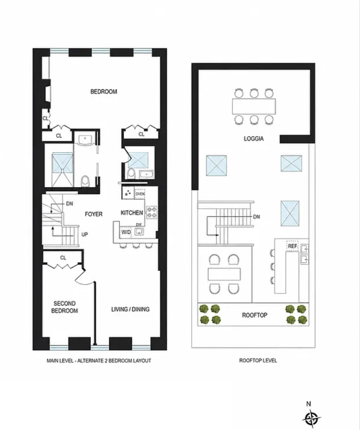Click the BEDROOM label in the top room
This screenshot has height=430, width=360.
coord(104,92)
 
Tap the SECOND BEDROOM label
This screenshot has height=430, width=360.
coord(65,307)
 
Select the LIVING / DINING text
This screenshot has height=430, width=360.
coord(130,309)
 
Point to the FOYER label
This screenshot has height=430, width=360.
coord(94,214)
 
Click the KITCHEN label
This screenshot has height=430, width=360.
coord(132,213)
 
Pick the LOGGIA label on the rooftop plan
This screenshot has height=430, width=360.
coord(254,139)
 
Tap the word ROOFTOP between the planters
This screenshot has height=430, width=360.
coord(254,315)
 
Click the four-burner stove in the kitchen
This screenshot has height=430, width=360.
coord(152,212)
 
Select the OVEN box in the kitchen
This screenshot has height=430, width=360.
coord(140,194)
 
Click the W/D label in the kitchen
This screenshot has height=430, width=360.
coord(126,232)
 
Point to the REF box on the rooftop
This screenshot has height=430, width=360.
coord(293,246)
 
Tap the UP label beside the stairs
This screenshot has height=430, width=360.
coord(84,235)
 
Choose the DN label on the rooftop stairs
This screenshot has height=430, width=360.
coord(256,217)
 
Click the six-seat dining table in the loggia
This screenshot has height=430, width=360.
coord(254,106)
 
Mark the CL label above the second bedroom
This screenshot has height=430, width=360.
coord(63,258)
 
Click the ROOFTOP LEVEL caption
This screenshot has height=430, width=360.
coord(258,361)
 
